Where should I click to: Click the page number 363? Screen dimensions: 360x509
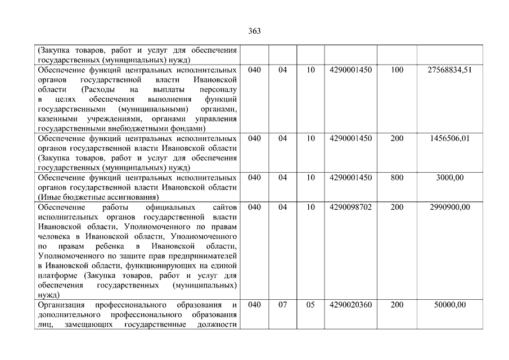coord(254,31)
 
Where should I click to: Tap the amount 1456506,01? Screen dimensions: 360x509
coord(449,138)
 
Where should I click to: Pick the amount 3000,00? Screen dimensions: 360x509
coord(449,178)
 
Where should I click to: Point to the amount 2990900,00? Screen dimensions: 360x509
coord(449,207)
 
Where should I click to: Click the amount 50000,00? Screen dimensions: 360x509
coord(449,305)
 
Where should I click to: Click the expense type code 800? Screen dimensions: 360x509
coord(397,178)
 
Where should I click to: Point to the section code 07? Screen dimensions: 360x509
coord(282,305)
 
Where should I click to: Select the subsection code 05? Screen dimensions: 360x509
coord(310,305)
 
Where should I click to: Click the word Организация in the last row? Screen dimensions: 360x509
coord(61,305)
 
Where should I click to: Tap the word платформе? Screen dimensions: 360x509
coord(58,276)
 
